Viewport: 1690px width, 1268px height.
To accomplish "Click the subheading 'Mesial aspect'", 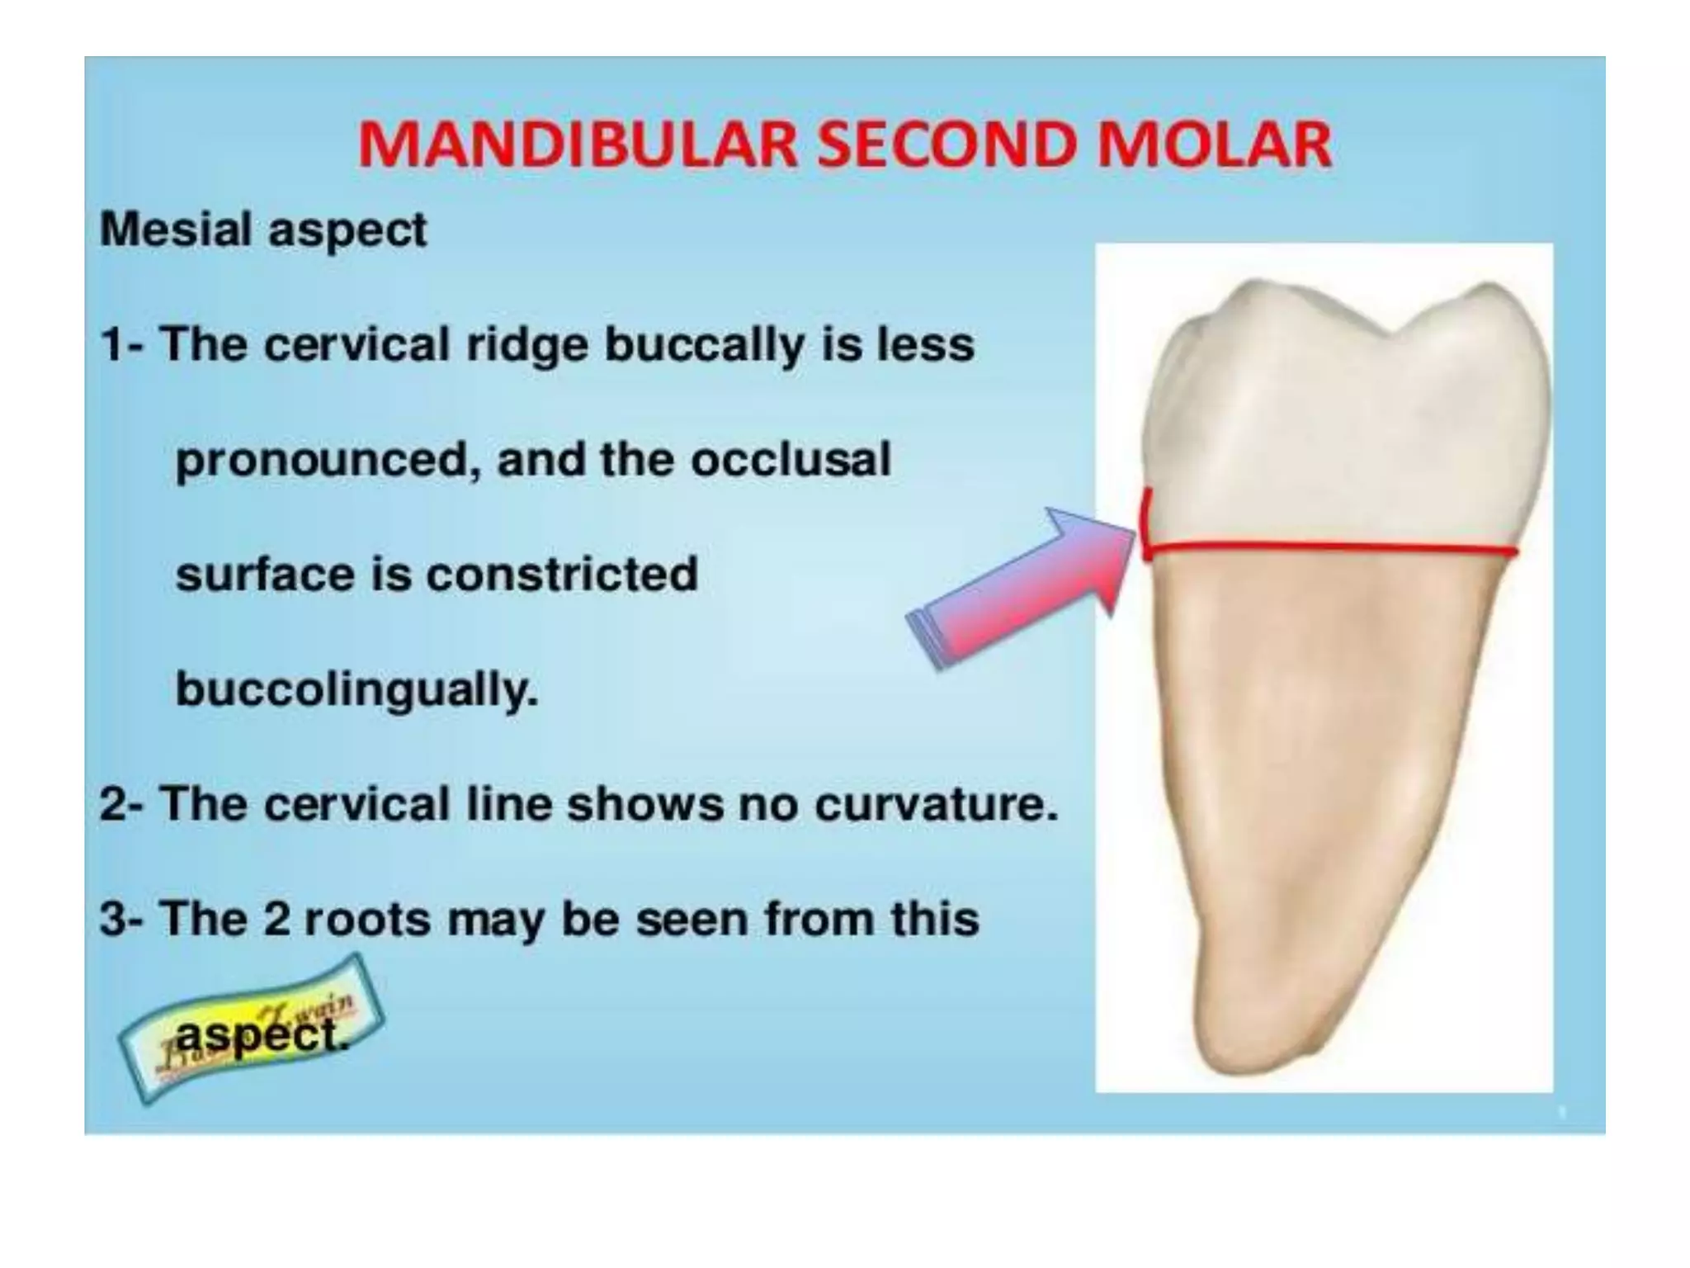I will [x=263, y=229].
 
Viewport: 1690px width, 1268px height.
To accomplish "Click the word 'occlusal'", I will [x=791, y=459].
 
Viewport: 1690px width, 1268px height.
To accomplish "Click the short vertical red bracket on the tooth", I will [x=1147, y=525].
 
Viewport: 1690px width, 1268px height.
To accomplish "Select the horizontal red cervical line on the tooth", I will [x=1329, y=546].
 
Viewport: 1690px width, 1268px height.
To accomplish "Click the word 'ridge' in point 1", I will [x=526, y=345].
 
